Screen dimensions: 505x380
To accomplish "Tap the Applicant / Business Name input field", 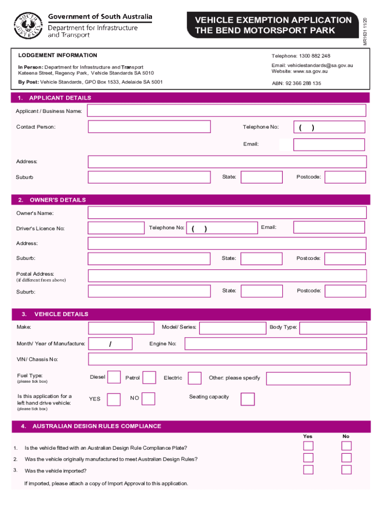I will pos(227,111).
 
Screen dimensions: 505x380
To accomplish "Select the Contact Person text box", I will pos(149,127).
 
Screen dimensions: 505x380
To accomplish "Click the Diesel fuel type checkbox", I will pos(114,377).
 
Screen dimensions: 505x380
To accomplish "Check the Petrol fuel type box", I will pos(149,378).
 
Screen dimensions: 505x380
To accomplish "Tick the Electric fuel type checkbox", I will pos(195,378).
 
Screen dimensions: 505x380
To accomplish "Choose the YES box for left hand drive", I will pos(114,399).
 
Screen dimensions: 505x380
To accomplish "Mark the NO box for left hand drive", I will pos(149,398).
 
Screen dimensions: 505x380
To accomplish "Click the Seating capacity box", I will pos(248,398).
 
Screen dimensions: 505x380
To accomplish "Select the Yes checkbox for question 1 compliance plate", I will pos(308,446).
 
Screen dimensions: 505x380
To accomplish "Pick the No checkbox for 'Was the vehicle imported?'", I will pos(346,469).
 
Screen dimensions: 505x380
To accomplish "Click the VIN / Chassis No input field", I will pos(227,359).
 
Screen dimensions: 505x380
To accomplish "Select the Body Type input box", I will pos(333,328).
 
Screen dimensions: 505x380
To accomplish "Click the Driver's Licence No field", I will pos(116,228).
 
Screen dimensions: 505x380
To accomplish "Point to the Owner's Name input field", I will pos(227,213).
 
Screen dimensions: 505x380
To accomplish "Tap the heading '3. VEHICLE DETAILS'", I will pos(61,314).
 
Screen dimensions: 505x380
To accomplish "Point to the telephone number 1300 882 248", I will pos(314,56).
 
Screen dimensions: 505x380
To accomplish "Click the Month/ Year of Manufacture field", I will pos(111,344).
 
